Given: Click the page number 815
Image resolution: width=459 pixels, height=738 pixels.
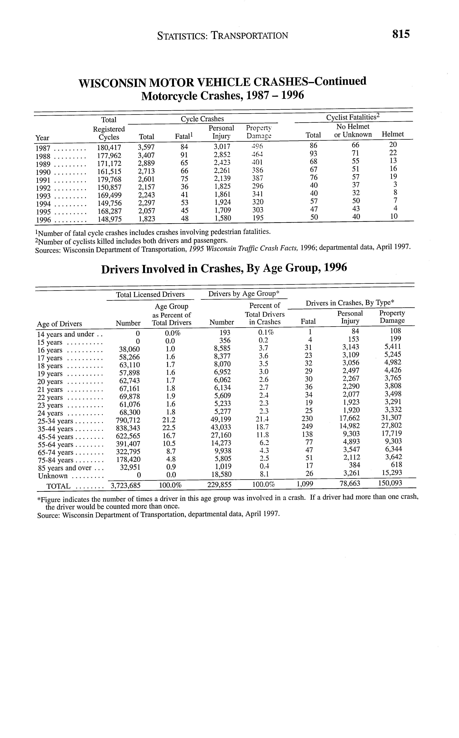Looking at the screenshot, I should coord(401,34).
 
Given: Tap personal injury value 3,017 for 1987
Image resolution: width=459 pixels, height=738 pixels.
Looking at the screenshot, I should coord(222,147).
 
